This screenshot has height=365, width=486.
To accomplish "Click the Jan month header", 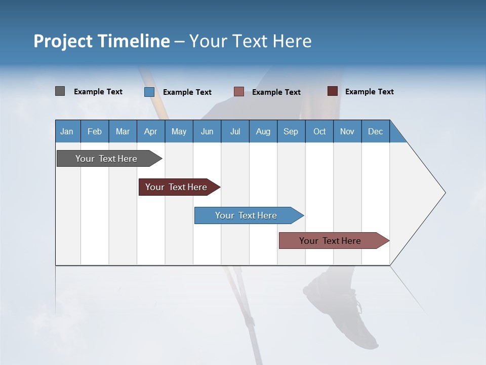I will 67,131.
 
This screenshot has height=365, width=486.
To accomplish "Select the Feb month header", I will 95,131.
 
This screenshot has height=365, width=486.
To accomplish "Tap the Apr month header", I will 150,131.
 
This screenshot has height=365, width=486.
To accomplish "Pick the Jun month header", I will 207,131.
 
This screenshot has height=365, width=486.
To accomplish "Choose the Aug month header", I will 263,131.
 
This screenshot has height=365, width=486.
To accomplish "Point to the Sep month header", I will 291,131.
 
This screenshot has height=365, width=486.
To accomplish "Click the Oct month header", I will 319,131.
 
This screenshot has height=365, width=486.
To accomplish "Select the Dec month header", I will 375,131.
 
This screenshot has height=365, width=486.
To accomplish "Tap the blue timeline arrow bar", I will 247,215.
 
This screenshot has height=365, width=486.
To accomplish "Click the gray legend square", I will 60,91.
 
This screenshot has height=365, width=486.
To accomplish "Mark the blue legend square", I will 149,92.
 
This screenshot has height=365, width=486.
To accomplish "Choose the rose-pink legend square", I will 238,92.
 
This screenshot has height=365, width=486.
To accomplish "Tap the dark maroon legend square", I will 332,91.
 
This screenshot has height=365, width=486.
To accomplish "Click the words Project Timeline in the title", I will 101,41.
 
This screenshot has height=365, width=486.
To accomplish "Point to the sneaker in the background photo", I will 344,309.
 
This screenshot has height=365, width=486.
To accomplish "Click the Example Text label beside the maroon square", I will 369,92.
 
